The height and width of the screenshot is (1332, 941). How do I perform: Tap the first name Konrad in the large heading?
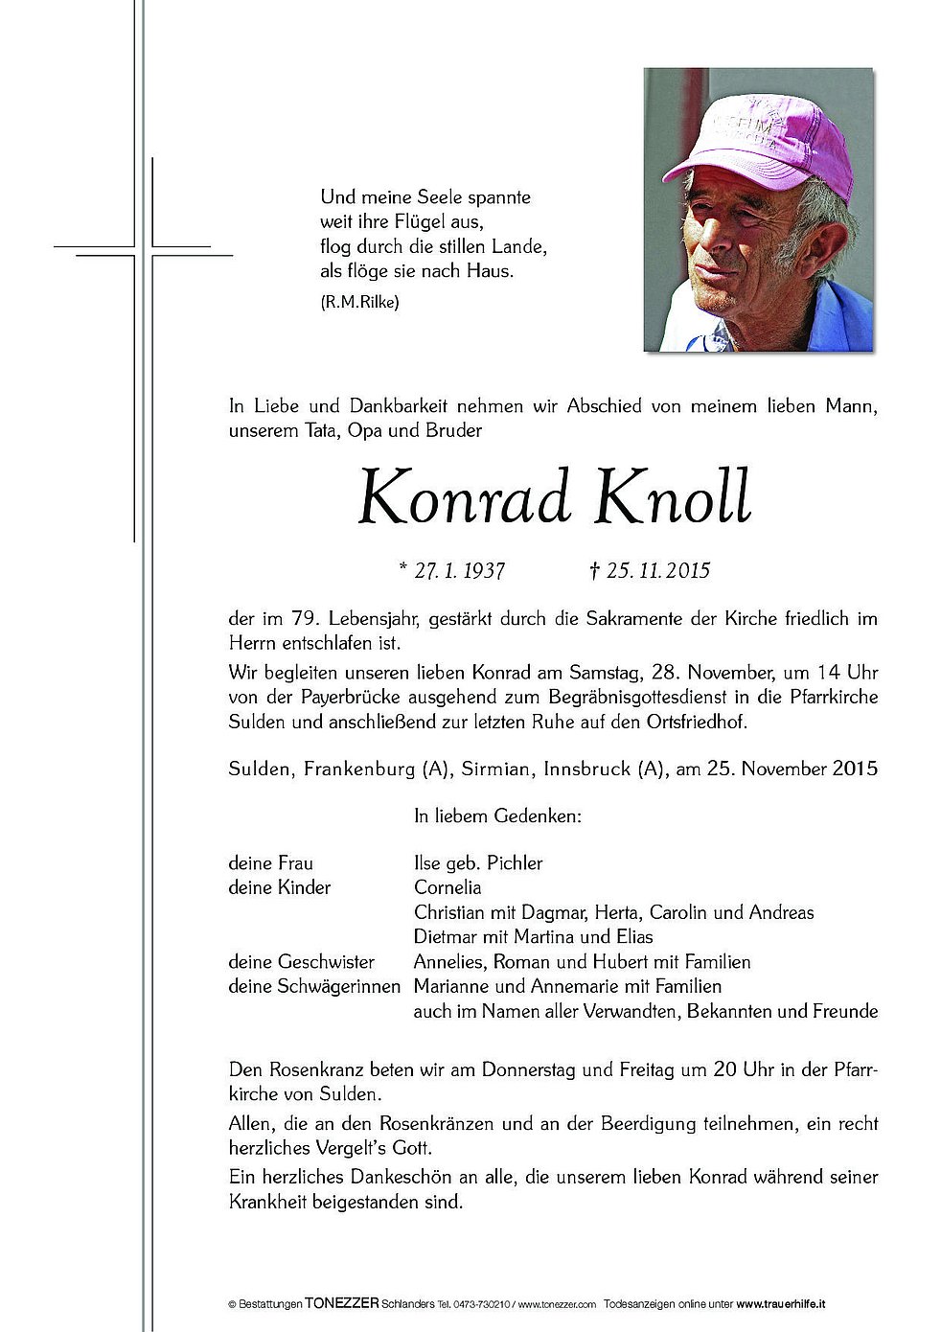pyautogui.click(x=465, y=498)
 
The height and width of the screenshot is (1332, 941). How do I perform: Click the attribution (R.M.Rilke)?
pyautogui.click(x=359, y=302)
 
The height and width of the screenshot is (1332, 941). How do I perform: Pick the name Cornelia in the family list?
pyautogui.click(x=448, y=887)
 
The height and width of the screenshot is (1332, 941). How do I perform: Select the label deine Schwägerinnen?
pyautogui.click(x=314, y=985)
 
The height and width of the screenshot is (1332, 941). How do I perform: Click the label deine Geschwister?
pyautogui.click(x=301, y=961)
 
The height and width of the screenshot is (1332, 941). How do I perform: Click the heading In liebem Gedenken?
pyautogui.click(x=497, y=816)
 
